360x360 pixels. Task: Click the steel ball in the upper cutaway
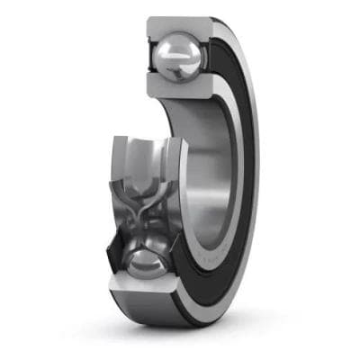[178, 58]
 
